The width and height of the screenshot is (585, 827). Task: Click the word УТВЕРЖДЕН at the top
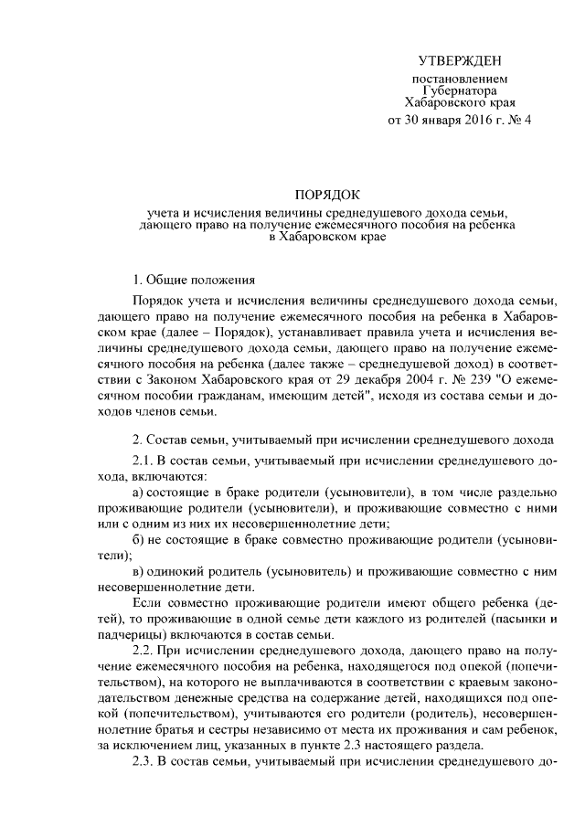tap(460, 61)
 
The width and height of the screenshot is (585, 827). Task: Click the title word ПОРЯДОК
tap(329, 194)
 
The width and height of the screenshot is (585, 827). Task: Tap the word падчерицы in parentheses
tap(129, 634)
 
